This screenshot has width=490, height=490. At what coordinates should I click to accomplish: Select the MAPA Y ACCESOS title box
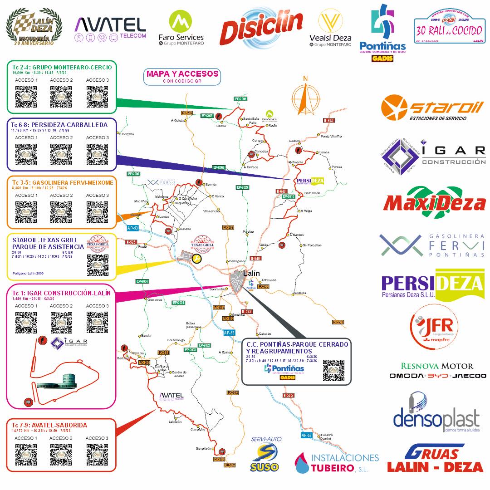click(182, 76)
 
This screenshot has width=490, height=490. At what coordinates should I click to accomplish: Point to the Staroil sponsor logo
click(432, 109)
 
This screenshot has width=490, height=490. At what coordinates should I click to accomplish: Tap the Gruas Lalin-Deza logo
click(435, 459)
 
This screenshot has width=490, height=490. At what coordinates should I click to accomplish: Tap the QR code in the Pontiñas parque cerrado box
click(333, 370)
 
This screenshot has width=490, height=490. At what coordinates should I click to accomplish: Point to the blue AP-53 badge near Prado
click(132, 228)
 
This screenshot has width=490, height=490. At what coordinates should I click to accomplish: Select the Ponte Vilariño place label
click(331, 136)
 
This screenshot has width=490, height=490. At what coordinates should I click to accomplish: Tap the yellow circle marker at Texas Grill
click(197, 259)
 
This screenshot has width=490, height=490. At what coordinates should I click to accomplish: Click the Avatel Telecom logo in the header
click(110, 28)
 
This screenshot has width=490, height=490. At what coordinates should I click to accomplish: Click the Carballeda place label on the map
click(312, 193)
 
